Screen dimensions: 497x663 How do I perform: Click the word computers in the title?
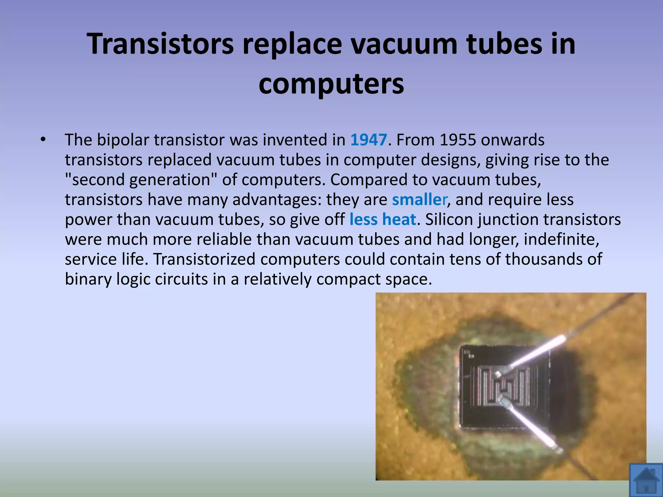click(x=331, y=83)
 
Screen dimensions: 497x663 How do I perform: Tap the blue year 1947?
click(x=369, y=140)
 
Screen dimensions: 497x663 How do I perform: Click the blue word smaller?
click(x=420, y=200)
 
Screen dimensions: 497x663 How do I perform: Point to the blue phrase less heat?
click(x=383, y=219)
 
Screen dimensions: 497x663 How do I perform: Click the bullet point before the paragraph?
click(x=42, y=140)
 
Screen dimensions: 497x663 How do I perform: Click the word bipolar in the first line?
click(x=123, y=140)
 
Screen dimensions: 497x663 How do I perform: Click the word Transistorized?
click(x=204, y=259)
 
